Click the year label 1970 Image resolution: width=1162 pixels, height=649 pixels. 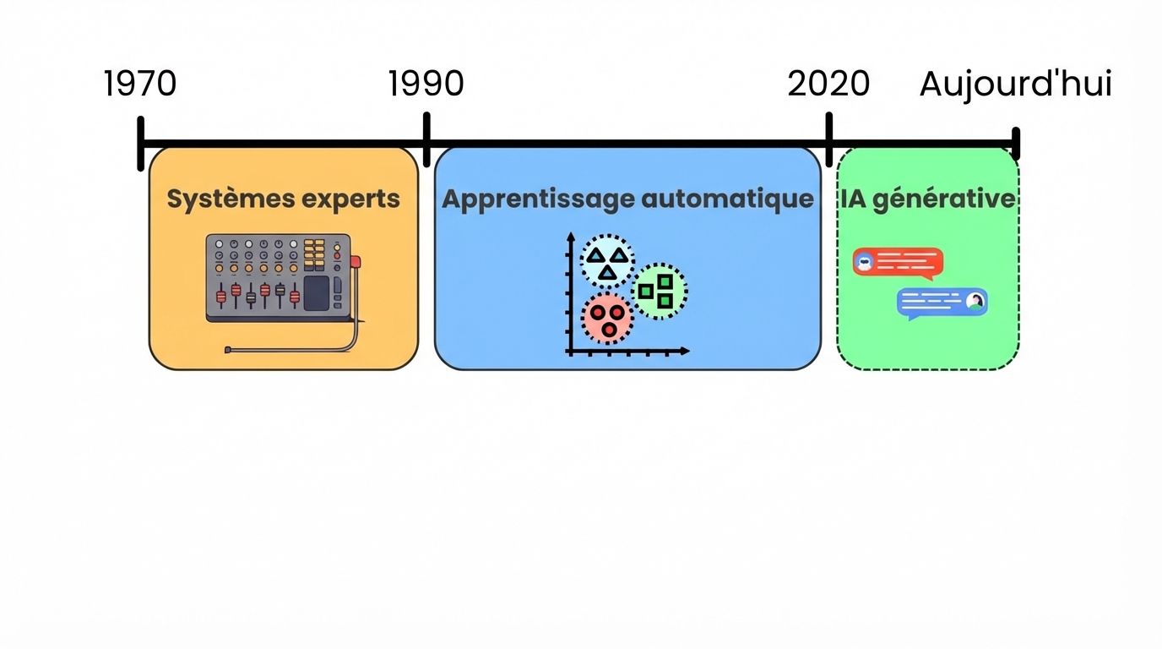click(140, 84)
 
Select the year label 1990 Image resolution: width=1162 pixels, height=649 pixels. click(426, 84)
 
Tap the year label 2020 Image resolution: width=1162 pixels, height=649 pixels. click(828, 84)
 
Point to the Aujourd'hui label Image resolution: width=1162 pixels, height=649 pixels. click(1015, 84)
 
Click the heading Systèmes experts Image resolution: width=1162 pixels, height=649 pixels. click(283, 199)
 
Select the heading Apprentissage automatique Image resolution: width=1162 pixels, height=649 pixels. click(627, 199)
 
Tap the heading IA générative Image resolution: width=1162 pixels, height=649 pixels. click(927, 199)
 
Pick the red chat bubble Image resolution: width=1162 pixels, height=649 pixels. click(898, 263)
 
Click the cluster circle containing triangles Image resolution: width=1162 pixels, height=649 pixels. click(607, 262)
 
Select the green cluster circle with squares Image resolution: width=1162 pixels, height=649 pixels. click(659, 291)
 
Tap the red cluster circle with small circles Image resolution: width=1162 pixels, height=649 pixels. click(606, 319)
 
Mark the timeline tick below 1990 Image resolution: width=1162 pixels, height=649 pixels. click(426, 139)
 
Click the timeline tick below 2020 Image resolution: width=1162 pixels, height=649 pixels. click(829, 139)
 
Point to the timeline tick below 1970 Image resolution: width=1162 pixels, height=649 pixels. click(141, 144)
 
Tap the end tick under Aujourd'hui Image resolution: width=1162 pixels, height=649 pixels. click(1016, 144)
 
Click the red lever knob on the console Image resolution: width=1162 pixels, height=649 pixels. click(356, 261)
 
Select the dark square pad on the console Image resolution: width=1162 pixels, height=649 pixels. click(316, 292)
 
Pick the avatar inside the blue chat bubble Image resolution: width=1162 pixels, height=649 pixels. click(975, 301)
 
